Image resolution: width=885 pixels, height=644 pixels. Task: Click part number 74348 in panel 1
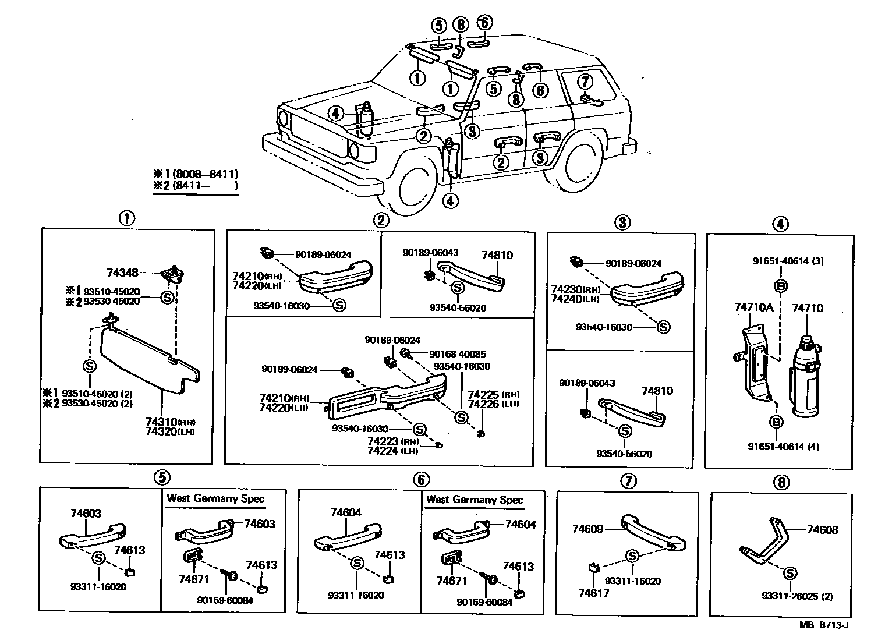coord(122,273)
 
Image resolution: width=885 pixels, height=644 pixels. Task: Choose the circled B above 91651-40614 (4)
coord(776,422)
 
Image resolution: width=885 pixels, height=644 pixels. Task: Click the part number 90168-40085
coord(457,354)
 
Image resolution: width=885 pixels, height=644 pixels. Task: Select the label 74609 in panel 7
coord(587,529)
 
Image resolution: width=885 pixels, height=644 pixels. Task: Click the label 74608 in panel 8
coord(822,530)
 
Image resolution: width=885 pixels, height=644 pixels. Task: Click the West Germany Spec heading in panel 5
coord(215,498)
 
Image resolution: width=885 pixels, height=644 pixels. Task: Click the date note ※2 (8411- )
coord(195,186)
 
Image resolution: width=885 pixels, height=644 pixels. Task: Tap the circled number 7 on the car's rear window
coord(585,82)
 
